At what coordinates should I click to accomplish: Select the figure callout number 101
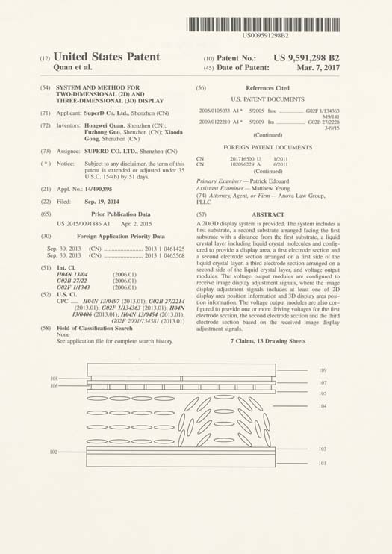point(323,464)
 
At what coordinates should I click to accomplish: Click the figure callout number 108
point(53,379)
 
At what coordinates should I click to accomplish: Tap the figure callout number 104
point(323,406)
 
